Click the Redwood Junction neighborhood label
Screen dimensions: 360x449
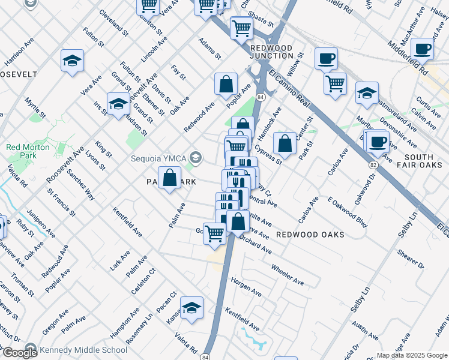pos(271,52)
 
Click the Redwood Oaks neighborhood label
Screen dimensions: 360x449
pos(310,234)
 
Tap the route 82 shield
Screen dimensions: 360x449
pos(373,164)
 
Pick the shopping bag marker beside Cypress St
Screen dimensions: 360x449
pos(285,144)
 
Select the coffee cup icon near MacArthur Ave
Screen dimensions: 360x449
pos(421,49)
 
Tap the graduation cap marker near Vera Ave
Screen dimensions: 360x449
pos(72,61)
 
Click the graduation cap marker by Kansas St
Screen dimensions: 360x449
pos(191,308)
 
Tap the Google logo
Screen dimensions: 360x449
pos(19,353)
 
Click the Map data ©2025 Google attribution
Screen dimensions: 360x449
pos(412,355)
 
